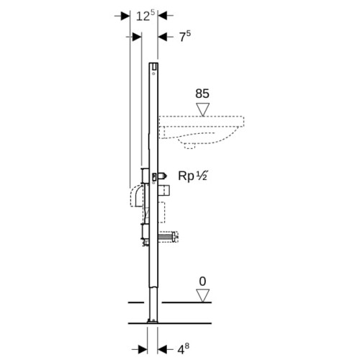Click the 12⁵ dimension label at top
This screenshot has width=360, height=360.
pyautogui.click(x=145, y=16)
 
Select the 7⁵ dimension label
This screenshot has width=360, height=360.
pyautogui.click(x=185, y=36)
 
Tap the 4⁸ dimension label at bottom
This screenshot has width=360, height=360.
pyautogui.click(x=183, y=349)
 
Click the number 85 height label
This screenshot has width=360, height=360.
pyautogui.click(x=202, y=94)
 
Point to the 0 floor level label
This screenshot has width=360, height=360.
pyautogui.click(x=203, y=282)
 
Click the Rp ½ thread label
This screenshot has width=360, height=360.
pyautogui.click(x=192, y=176)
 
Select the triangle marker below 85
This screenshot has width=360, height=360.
pyautogui.click(x=203, y=109)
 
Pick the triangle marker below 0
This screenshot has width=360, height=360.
pyautogui.click(x=203, y=295)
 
